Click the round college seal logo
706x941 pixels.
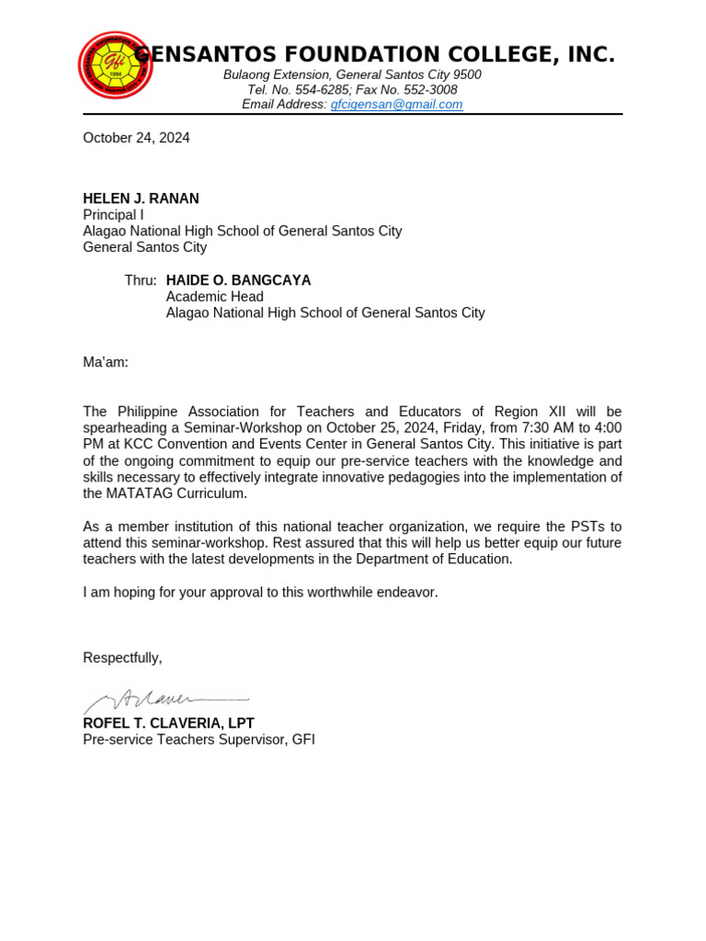(114, 65)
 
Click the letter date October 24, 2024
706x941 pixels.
(136, 138)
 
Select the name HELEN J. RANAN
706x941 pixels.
(141, 198)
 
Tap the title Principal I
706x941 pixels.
(113, 215)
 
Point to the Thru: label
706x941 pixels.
(141, 280)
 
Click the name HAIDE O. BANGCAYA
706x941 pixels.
(238, 280)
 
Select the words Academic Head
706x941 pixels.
(214, 297)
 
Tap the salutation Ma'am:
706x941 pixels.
(106, 362)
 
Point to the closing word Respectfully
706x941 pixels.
(122, 657)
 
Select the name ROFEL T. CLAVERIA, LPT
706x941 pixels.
(168, 723)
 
